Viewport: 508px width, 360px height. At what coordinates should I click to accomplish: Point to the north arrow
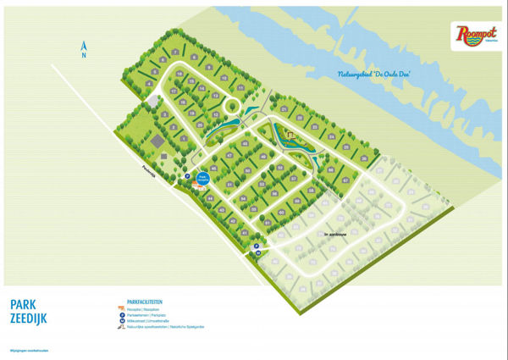(83, 49)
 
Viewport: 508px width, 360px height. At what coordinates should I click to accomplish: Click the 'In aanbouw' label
(336, 233)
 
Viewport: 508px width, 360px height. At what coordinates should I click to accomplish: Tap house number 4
(148, 83)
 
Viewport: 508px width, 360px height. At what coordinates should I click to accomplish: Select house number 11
(240, 87)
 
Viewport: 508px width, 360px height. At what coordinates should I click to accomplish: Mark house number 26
(363, 158)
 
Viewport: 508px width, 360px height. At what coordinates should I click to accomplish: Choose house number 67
(345, 180)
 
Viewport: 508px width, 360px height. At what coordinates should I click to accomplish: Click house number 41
(245, 232)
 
